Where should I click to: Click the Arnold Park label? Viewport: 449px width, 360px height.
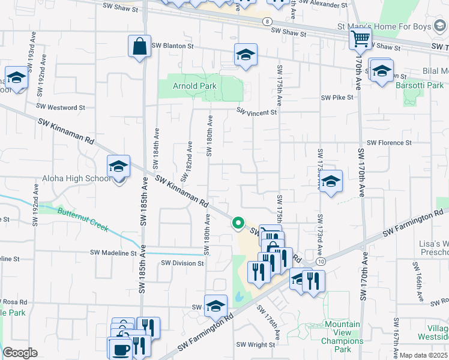pos(194,86)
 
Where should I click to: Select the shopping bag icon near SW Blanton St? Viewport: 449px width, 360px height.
pos(139,46)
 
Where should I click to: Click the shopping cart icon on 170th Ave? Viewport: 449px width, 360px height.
pos(360,38)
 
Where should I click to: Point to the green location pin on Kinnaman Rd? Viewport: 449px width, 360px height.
pos(238,223)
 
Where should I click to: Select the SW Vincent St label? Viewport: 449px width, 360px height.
pos(256,112)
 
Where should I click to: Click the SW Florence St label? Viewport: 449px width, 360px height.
pos(389,143)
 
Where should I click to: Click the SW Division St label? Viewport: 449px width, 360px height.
pos(182,263)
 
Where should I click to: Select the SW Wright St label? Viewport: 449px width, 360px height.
pos(255,344)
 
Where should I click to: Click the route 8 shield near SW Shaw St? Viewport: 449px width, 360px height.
pos(266,22)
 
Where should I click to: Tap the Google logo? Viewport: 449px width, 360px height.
pos(20,353)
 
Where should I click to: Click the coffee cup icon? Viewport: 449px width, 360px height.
pos(119,349)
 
